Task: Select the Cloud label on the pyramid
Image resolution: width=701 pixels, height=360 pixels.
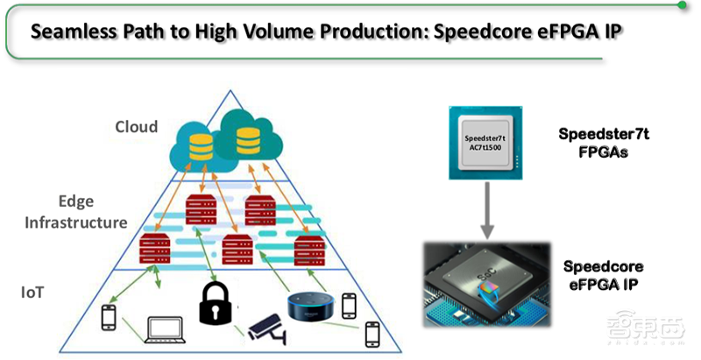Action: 137,127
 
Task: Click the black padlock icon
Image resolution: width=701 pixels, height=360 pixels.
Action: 214,301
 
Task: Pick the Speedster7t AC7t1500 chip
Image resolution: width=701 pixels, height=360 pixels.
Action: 487,144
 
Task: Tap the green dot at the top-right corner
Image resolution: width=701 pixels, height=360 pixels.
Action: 681,4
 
